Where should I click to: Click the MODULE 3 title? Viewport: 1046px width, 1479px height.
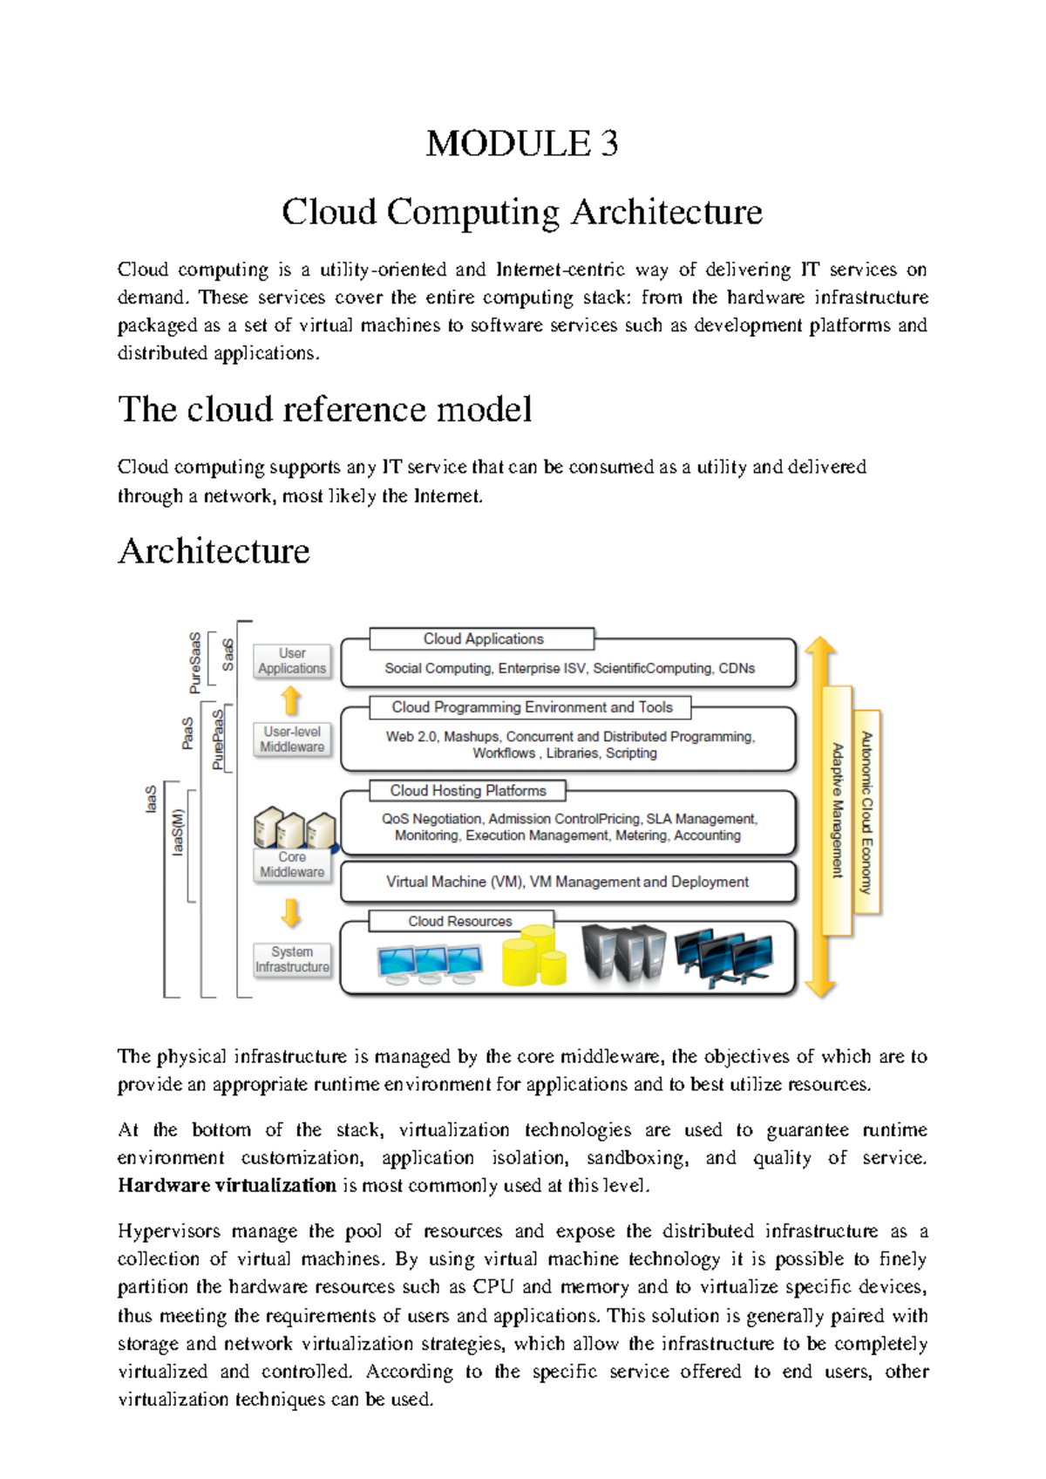(x=522, y=143)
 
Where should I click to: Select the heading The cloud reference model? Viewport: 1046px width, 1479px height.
(x=324, y=409)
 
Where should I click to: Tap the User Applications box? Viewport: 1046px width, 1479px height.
(x=292, y=661)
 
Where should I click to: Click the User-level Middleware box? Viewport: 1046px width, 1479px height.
(x=292, y=739)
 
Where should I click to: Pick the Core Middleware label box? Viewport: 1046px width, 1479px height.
(x=292, y=865)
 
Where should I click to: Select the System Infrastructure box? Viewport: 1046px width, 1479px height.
(x=292, y=960)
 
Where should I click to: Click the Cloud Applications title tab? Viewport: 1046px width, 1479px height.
(x=483, y=639)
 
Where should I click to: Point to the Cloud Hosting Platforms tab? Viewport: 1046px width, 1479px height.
(x=468, y=791)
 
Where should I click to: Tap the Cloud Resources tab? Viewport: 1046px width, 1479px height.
(x=460, y=922)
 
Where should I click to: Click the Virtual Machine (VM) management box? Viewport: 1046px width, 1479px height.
(x=567, y=883)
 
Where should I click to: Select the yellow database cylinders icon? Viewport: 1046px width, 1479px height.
(x=533, y=958)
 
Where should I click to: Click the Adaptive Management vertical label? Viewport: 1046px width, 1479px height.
(x=838, y=810)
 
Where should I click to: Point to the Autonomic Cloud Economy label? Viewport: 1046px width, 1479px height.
(x=866, y=812)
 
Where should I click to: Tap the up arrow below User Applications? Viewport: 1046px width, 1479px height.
(x=291, y=700)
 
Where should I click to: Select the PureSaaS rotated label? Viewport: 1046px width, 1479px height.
(x=195, y=663)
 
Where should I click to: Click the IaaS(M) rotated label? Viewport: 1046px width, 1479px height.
(x=178, y=832)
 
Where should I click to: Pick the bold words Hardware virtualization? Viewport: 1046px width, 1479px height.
(x=227, y=1185)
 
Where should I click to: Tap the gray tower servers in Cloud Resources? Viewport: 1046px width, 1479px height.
(x=622, y=955)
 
